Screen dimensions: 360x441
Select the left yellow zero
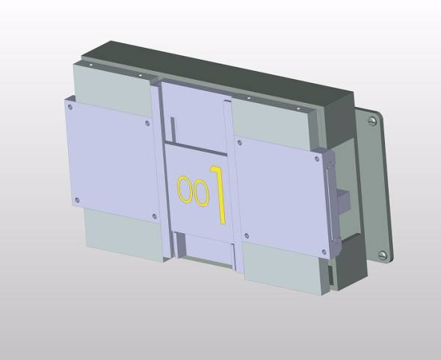pyautogui.click(x=184, y=189)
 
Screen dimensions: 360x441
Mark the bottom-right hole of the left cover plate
pyautogui.click(x=154, y=217)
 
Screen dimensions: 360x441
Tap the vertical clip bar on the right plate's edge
pyautogui.click(x=330, y=198)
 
